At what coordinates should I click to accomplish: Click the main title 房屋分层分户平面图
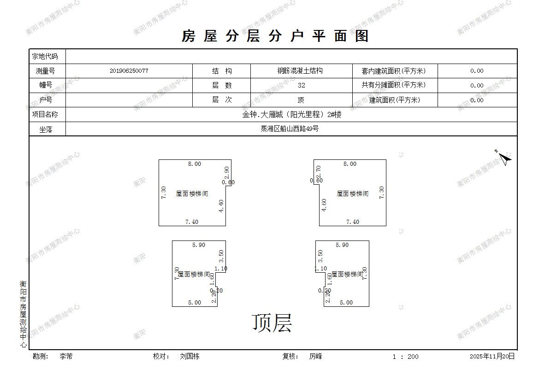tap(275, 36)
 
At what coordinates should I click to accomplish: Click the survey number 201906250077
tap(129, 71)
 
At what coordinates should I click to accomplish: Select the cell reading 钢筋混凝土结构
tap(300, 71)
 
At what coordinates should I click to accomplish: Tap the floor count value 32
tap(302, 85)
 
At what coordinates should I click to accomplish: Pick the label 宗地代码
tap(45, 57)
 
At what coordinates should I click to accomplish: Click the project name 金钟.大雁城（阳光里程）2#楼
tap(292, 115)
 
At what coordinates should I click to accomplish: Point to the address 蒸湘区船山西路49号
tap(290, 129)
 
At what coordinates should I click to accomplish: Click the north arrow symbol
tap(504, 159)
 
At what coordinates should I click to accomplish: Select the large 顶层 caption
tap(272, 323)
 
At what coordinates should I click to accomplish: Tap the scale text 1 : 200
tap(405, 357)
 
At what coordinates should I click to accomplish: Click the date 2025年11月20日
tap(492, 357)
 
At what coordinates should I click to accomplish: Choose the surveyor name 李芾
tap(66, 357)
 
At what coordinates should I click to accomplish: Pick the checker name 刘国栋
tap(190, 357)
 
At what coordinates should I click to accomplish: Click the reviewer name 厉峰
tap(316, 357)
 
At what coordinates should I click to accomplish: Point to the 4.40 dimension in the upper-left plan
tap(221, 205)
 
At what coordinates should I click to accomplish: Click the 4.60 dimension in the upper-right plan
tap(324, 205)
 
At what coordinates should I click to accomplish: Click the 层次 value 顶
tap(301, 100)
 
